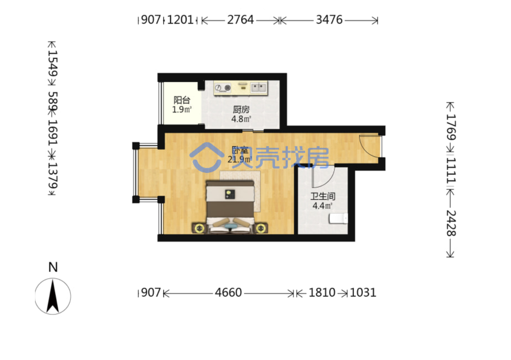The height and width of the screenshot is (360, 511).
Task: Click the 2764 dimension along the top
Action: point(240,20)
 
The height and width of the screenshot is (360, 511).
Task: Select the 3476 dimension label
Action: point(329,20)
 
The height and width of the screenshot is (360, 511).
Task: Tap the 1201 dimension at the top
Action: point(180,20)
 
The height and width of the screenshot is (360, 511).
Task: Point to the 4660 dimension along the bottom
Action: point(228,293)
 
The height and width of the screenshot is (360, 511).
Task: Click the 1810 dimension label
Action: point(322,293)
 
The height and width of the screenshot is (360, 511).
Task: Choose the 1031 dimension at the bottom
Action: point(363,293)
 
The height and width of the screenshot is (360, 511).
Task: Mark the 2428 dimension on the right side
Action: point(451,223)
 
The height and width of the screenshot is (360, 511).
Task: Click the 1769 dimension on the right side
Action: point(451,127)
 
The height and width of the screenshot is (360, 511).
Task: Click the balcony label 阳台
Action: point(182,100)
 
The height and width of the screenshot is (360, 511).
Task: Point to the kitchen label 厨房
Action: point(241,110)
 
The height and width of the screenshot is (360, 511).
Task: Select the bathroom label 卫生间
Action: point(323,196)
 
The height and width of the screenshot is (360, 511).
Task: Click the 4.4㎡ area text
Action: point(322,206)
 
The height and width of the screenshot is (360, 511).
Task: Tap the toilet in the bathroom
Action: point(338,219)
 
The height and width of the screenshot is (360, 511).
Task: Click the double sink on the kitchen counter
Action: point(259,88)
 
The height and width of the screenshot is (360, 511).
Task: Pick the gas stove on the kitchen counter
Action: point(223,88)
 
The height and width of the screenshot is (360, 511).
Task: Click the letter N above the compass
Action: point(53,268)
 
